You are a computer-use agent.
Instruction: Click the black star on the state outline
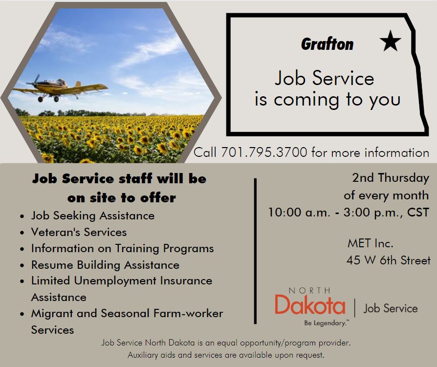[x=390, y=41]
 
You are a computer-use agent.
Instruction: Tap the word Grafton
[x=327, y=44]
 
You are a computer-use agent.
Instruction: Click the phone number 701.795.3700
[x=264, y=152]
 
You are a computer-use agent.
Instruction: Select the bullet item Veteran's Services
[x=79, y=232]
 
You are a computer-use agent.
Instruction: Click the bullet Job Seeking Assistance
[x=93, y=216]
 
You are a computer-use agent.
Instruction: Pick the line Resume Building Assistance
[x=106, y=265]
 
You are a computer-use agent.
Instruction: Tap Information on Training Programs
[x=122, y=249]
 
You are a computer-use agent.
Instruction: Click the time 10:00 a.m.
[x=299, y=213]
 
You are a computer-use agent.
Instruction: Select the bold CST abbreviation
[x=418, y=213]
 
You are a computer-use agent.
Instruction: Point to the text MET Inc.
[x=370, y=243]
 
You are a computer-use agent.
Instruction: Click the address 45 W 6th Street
[x=389, y=260]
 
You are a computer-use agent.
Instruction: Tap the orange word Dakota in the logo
[x=310, y=304]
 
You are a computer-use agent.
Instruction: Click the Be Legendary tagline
[x=326, y=323]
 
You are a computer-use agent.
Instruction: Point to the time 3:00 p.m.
[x=372, y=213]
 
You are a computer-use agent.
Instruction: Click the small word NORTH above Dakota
[x=309, y=291]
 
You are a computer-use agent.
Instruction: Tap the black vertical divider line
[x=255, y=251]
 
